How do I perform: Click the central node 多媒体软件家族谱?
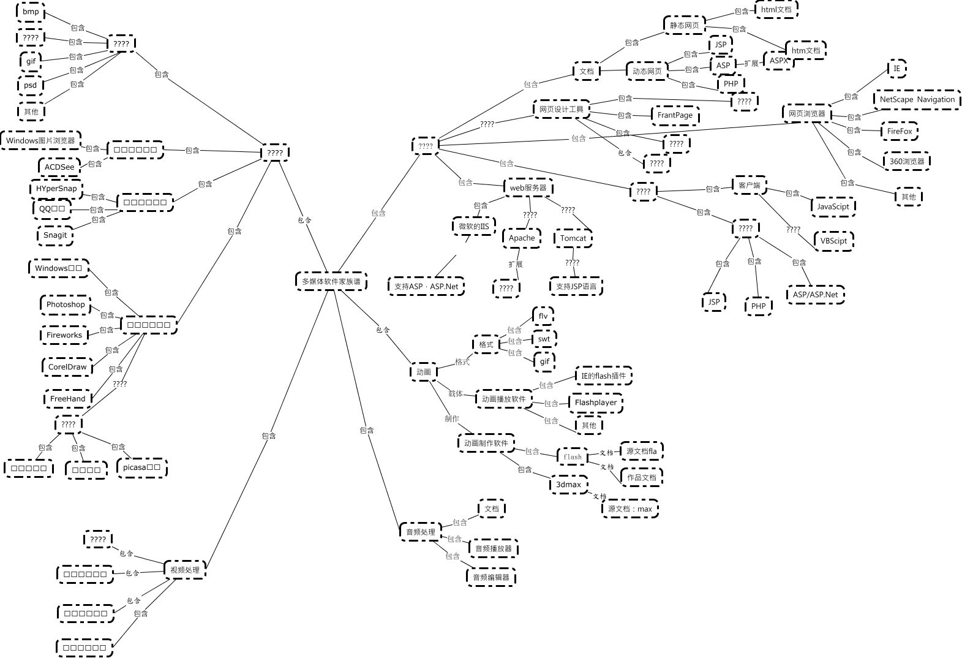coord(331,281)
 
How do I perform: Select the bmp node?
coord(31,12)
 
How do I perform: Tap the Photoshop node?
coord(66,304)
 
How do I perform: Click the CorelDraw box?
coord(67,367)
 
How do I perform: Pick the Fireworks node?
coord(64,335)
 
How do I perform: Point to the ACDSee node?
coord(59,167)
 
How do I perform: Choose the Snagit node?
coord(55,235)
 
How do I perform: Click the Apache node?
coord(522,238)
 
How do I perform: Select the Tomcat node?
coord(573,238)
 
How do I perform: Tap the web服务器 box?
coord(528,187)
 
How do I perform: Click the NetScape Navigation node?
coord(917,99)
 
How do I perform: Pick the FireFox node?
coord(900,131)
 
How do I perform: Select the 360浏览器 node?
coord(907,161)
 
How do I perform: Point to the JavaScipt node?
coord(833,206)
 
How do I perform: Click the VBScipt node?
coord(833,241)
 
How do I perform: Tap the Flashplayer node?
coord(595,403)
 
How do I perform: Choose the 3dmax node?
coord(568,484)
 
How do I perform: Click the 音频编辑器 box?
coord(491,577)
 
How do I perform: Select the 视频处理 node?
coord(185,570)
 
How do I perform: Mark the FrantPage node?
coord(675,115)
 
